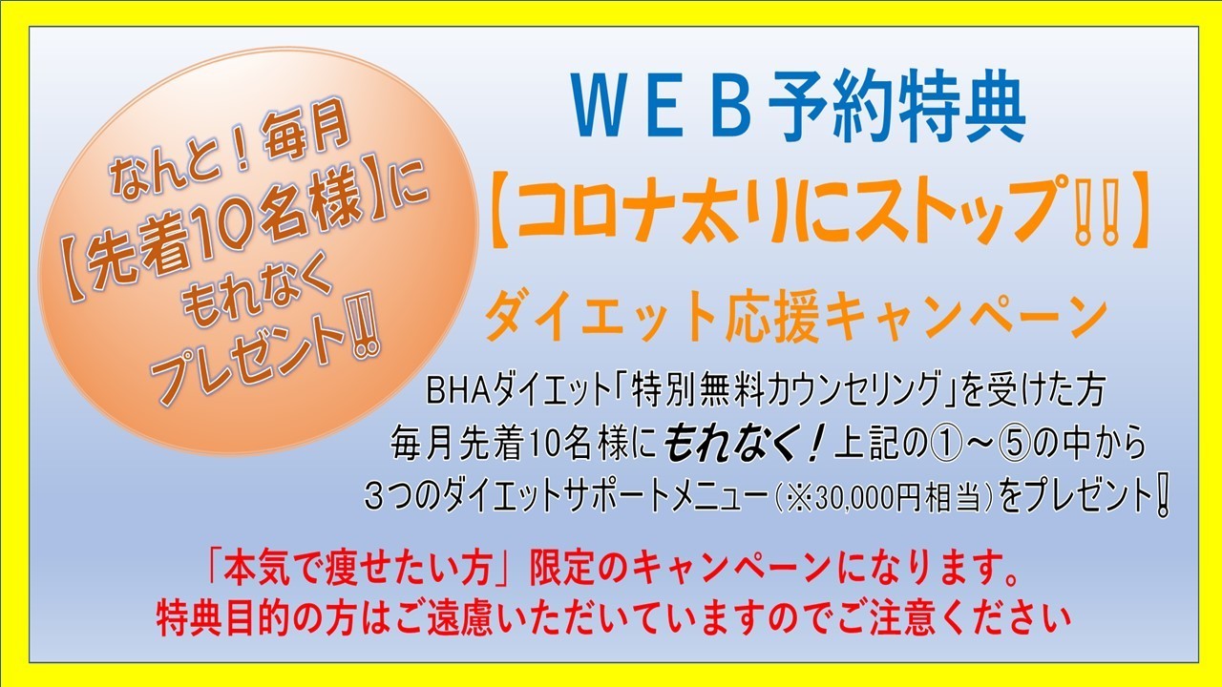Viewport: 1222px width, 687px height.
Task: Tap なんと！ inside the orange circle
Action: (182, 162)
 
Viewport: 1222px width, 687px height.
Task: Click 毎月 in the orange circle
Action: (305, 131)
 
